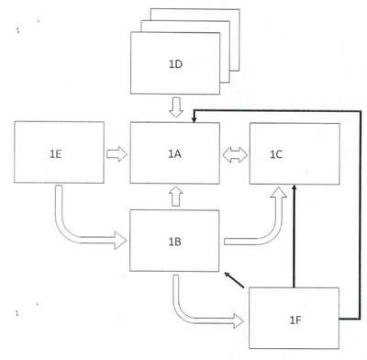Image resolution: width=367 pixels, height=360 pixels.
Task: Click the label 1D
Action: [x=175, y=64]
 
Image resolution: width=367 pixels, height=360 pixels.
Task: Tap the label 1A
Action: [x=174, y=154]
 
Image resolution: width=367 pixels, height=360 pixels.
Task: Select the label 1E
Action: [x=56, y=154]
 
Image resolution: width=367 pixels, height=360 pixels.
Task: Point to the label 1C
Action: [x=276, y=154]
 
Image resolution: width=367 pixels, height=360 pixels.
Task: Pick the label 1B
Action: [x=175, y=242]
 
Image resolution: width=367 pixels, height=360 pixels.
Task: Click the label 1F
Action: [x=295, y=321]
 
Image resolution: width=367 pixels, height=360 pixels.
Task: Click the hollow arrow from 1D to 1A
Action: [x=176, y=107]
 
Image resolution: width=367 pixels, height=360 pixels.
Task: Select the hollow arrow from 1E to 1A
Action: [x=117, y=154]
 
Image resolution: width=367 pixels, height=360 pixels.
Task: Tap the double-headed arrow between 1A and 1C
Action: [x=235, y=154]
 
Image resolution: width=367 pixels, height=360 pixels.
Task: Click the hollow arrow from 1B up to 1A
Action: [x=176, y=196]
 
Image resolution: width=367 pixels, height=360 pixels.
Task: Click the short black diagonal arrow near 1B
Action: [x=234, y=280]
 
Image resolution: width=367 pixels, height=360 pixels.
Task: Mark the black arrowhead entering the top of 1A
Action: [x=194, y=119]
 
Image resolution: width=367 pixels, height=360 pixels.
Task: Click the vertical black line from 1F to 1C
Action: [x=295, y=236]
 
